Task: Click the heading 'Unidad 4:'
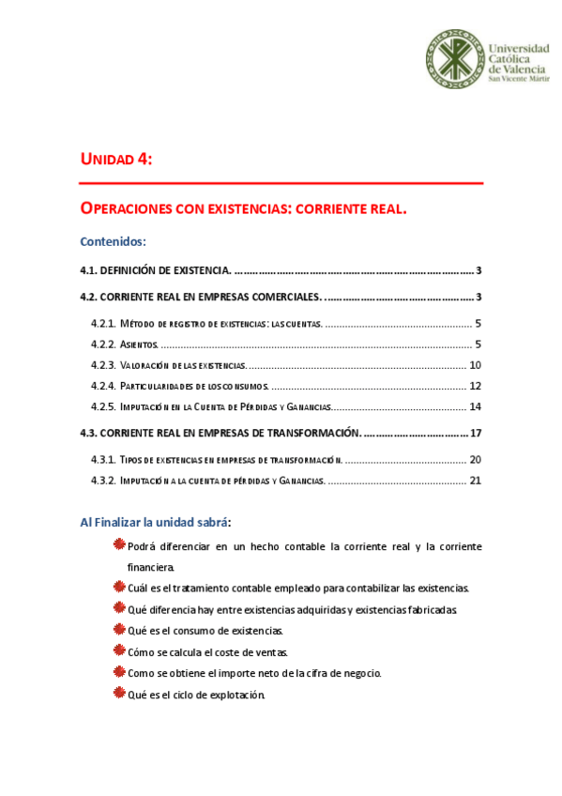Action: (116, 160)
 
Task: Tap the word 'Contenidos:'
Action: (114, 241)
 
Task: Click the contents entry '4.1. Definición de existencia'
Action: (155, 271)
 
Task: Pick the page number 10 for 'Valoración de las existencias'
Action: (475, 365)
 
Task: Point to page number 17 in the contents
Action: (475, 433)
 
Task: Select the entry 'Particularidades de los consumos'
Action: (194, 386)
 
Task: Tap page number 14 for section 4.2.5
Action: (475, 406)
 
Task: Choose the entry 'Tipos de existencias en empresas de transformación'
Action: (231, 460)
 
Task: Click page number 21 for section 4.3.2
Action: (475, 481)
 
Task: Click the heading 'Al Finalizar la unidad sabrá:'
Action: (155, 522)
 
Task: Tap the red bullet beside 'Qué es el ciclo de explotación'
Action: (118, 694)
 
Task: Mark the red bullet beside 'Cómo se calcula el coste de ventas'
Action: (118, 651)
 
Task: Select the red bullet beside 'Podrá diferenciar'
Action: (118, 545)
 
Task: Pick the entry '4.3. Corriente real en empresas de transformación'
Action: (220, 433)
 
